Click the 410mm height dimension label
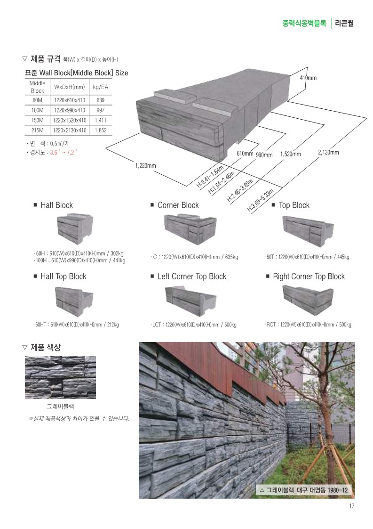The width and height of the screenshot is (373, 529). click(308, 77)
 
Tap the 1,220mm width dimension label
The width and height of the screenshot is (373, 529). click(146, 165)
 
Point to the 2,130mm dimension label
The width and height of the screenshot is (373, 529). click(328, 152)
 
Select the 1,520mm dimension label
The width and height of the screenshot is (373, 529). click(291, 154)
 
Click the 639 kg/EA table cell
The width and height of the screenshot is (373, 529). click(100, 100)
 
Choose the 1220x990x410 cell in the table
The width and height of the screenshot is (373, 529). click(69, 110)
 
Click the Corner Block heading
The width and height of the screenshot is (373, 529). click(178, 205)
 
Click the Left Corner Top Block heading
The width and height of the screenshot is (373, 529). click(192, 277)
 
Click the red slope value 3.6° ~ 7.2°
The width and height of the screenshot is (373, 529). click(64, 153)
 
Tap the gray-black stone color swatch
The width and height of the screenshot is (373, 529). click(60, 377)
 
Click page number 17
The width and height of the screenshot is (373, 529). click(351, 506)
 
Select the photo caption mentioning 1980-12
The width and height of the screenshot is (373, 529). click(303, 490)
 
